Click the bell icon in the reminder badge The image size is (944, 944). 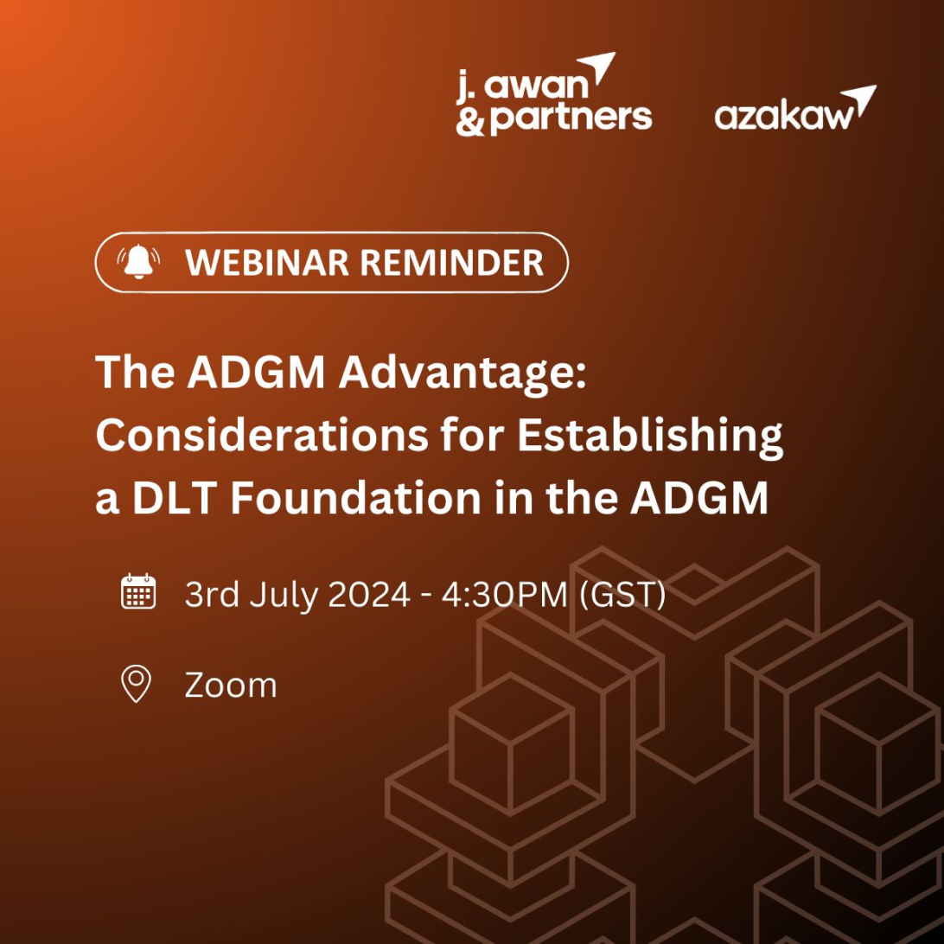click(x=138, y=262)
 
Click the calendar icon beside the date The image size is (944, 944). click(x=137, y=592)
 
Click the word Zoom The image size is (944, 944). click(x=231, y=686)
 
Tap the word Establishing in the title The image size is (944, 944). click(x=650, y=437)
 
